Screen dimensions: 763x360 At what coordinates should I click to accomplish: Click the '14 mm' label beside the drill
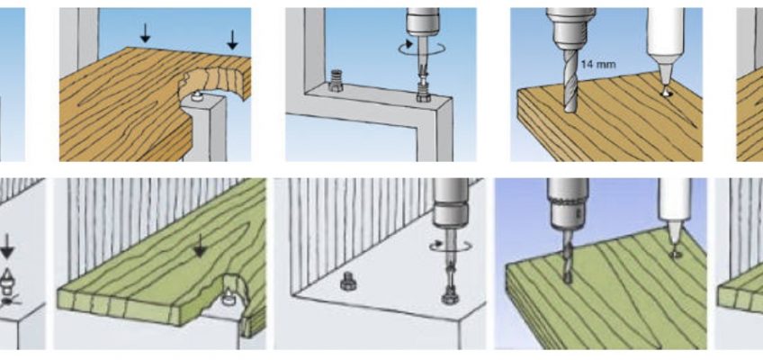[x=598, y=64]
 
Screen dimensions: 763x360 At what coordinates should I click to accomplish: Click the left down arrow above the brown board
[x=145, y=32]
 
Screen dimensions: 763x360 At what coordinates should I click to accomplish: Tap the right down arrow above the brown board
[x=232, y=40]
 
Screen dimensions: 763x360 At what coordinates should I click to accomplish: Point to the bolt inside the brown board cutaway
[x=196, y=95]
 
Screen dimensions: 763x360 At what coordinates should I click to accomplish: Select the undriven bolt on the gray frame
[x=335, y=81]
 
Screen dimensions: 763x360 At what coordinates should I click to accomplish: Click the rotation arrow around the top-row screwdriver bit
[x=421, y=47]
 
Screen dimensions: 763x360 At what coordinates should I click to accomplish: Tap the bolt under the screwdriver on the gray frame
[x=423, y=92]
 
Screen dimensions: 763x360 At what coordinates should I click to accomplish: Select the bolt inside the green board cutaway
[x=229, y=297]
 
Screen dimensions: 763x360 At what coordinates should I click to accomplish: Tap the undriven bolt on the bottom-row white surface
[x=349, y=281]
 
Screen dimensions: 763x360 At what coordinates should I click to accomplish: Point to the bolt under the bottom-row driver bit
[x=449, y=294]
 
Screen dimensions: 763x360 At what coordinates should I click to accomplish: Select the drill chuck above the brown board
[x=570, y=28]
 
